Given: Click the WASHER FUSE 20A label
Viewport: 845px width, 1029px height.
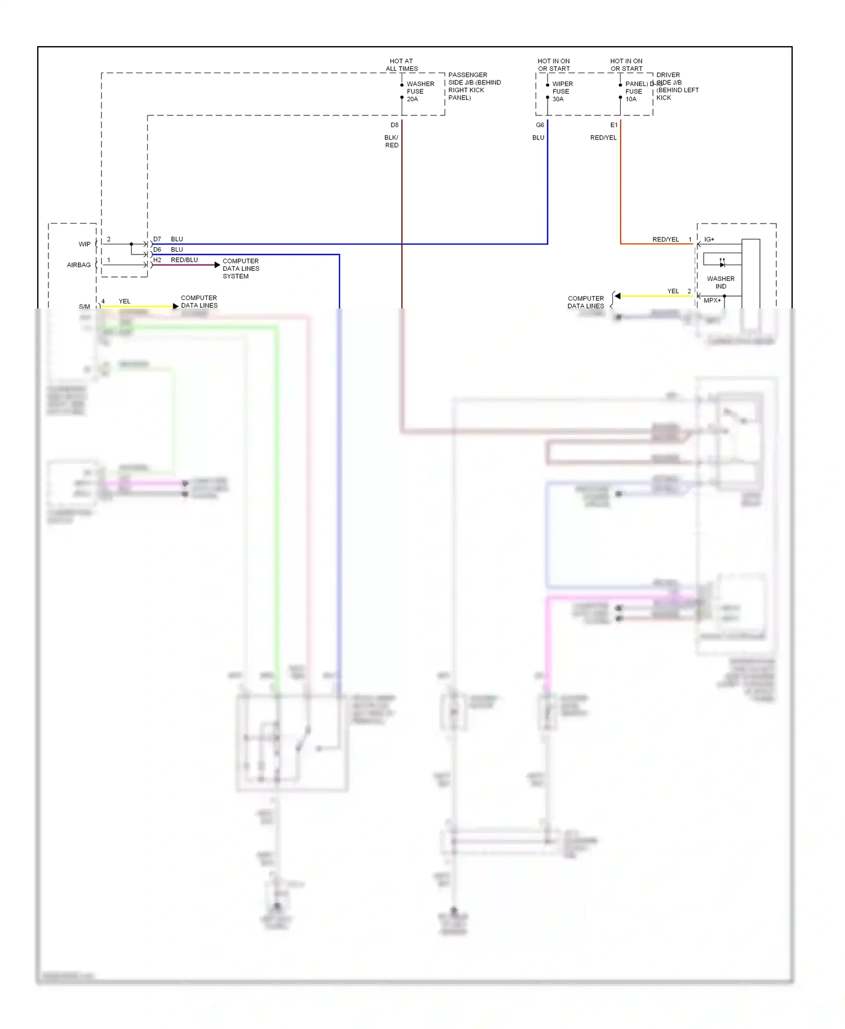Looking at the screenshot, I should tap(420, 92).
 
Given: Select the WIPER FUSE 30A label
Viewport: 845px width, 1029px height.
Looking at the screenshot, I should tap(562, 92).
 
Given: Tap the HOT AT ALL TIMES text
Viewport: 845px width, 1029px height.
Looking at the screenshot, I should tap(402, 65).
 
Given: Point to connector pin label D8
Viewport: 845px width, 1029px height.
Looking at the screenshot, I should tap(394, 125).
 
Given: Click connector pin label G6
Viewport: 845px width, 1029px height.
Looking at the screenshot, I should tap(540, 125).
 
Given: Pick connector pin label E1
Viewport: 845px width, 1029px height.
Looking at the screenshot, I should tap(613, 125).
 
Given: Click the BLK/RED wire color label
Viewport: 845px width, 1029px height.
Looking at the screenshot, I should tap(392, 141).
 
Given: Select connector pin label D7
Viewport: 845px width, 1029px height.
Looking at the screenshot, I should tap(157, 239).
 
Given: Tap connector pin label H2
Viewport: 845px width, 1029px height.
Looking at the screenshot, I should tap(157, 260).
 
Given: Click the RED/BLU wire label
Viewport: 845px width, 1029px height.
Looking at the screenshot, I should tap(184, 260).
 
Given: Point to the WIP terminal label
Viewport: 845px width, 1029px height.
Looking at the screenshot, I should tap(84, 244).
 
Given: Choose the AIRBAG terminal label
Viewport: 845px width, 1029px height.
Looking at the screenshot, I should tap(79, 265).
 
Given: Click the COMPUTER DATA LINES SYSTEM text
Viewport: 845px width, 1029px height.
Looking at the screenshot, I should tap(241, 269).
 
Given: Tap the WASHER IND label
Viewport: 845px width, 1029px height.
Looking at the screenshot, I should tap(721, 283).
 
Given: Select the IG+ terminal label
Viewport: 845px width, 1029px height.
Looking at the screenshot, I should tap(709, 240).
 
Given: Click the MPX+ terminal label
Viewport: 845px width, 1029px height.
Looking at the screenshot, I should tap(712, 301).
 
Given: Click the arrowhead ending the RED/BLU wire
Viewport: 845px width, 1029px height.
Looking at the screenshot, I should tap(217, 265).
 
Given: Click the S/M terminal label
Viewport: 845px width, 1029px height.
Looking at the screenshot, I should tap(84, 307).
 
